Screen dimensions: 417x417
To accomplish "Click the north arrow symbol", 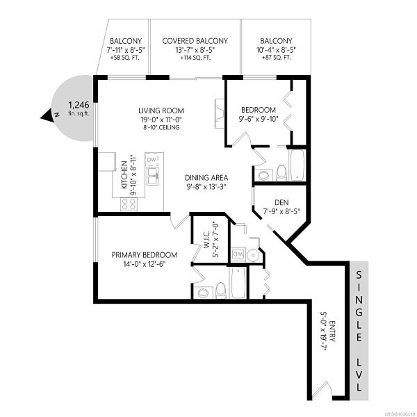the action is (49, 115).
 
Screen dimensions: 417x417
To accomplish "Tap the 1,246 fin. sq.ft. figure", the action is (79, 108).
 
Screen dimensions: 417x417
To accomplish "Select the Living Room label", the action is (161, 111).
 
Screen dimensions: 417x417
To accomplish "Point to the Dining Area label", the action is (206, 177).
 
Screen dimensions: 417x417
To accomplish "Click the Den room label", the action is (281, 202).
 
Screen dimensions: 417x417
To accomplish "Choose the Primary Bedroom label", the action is (144, 255).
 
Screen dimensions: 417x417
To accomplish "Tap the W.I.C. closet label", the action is (207, 239).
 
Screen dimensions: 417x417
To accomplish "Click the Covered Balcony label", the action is (195, 41).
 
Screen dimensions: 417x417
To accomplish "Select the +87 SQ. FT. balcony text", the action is (277, 58).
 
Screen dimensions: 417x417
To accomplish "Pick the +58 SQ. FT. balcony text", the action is (124, 58).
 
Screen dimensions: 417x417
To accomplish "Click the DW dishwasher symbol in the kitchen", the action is (152, 160).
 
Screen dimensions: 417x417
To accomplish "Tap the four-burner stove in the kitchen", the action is (129, 204).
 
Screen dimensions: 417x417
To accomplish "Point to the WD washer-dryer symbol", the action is (238, 254).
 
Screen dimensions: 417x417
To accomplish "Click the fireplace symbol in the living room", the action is (220, 113).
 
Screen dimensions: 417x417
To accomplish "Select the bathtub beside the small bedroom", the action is (297, 165).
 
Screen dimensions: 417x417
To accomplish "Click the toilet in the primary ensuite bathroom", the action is (220, 291).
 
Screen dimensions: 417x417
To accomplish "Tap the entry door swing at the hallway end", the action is (322, 391).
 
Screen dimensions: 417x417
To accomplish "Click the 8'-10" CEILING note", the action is (161, 127).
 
